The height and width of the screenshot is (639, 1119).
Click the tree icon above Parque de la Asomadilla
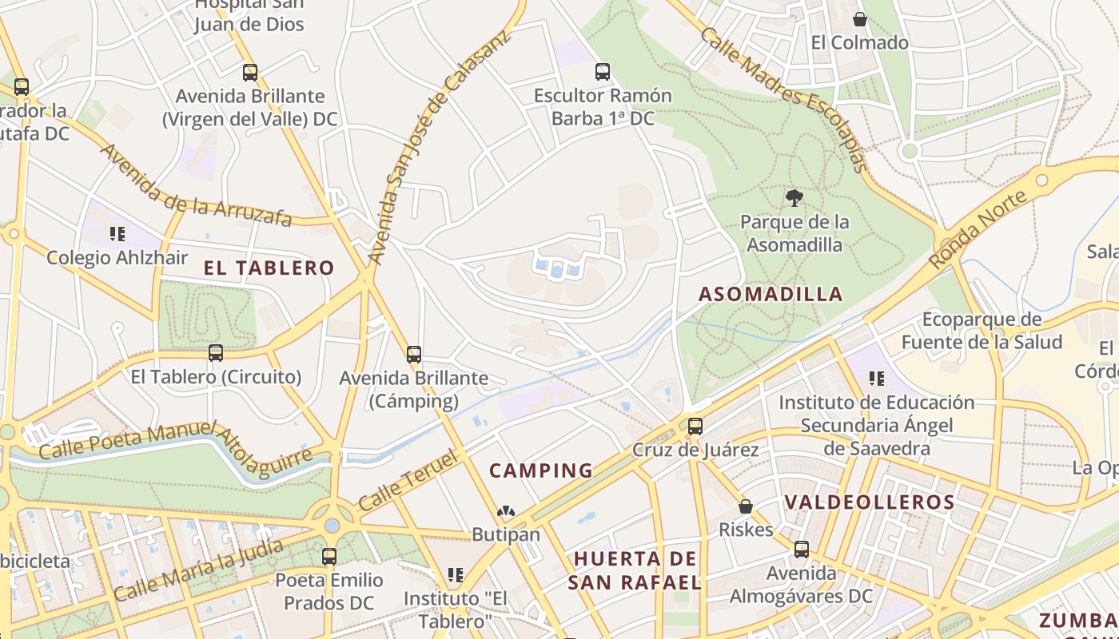[x=794, y=197]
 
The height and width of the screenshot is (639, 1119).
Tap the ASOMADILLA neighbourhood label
[x=771, y=294]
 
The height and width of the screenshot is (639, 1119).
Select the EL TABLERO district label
[x=269, y=268]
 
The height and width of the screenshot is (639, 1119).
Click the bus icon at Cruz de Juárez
[x=695, y=426]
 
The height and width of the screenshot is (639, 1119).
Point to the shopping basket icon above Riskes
[x=746, y=506]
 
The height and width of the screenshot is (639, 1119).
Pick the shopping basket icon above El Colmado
[x=860, y=19]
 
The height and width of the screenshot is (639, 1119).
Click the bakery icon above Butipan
[x=505, y=511]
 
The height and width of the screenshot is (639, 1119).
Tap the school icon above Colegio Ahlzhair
[x=117, y=234]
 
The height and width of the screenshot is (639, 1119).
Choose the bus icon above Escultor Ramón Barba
[x=603, y=72]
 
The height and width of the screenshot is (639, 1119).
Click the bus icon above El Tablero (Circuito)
[x=216, y=352]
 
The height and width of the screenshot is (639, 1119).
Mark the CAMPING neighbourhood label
[x=541, y=470]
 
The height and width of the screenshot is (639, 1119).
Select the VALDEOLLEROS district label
[x=869, y=502]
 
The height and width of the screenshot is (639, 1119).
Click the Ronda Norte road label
[x=978, y=230]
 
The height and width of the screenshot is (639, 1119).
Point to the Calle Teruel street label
[x=408, y=481]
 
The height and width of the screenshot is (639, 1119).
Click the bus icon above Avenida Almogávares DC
[x=802, y=550]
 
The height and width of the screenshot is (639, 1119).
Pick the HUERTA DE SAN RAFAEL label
[x=635, y=570]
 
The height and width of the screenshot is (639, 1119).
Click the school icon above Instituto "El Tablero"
[x=456, y=574]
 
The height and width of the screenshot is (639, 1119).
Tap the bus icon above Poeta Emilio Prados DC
[x=329, y=557]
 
